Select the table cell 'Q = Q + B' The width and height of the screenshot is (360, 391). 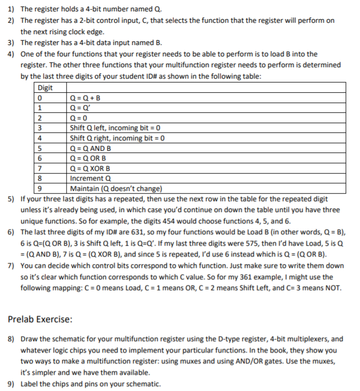tap(86, 99)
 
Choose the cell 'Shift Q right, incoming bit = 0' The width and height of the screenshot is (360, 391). tap(118, 138)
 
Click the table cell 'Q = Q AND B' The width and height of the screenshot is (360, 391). tap(91, 148)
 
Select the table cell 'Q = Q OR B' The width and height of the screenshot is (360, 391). tap(89, 157)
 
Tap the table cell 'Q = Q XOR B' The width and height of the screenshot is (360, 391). tap(90, 167)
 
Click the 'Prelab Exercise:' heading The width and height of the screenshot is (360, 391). tap(44, 318)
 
